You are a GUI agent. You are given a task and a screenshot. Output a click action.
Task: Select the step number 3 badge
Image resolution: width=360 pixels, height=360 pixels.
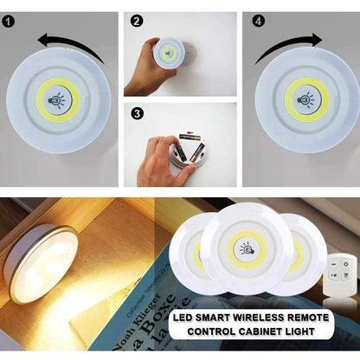click(x=135, y=112)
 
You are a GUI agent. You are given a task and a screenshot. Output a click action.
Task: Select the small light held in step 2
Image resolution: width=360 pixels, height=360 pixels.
click(x=169, y=54)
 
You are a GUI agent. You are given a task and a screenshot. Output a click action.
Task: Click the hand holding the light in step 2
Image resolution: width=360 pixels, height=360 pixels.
click(x=144, y=69)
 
